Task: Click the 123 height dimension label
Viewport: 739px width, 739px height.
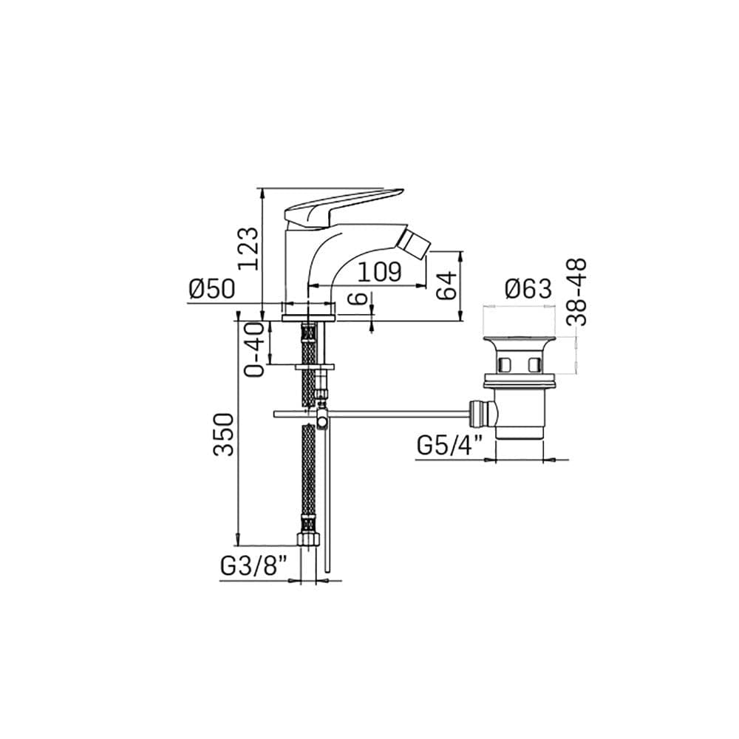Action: pos(248,248)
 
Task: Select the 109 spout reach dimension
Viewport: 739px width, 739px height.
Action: pos(379,272)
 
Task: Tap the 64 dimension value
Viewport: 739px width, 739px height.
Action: pos(446,285)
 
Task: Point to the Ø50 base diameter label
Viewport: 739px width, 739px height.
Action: pos(211,288)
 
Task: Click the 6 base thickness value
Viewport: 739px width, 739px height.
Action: pos(360,298)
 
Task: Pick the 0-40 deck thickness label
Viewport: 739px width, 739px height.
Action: pos(255,349)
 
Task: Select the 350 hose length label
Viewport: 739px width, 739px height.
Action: pos(223,434)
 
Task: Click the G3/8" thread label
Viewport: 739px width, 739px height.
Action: pos(253,565)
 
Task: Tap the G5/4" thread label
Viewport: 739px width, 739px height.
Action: pos(450,446)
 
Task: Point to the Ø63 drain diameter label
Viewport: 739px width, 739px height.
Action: pos(528,288)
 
